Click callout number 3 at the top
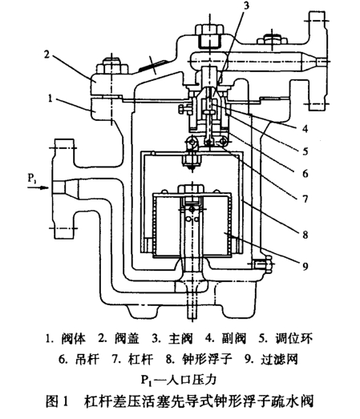coord(246,6)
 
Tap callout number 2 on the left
coord(47,54)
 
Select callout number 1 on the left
coord(51,99)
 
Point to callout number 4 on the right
coord(305,129)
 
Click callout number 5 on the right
coord(305,151)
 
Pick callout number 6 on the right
coord(305,174)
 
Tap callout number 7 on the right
coord(305,199)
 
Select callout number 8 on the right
coord(305,235)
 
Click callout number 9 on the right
coord(305,266)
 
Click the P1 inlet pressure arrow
coord(38,187)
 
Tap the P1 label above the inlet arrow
coord(32,178)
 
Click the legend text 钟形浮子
coord(207,360)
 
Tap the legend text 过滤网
coord(279,360)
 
